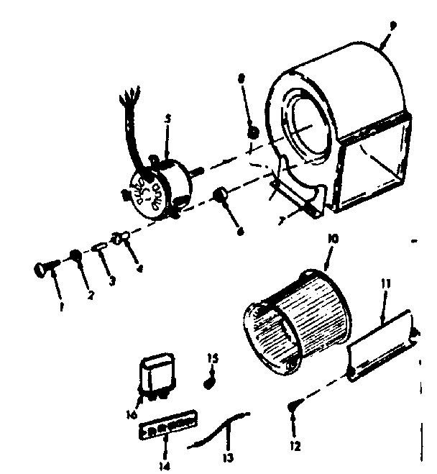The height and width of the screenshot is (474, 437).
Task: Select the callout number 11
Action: [386, 285]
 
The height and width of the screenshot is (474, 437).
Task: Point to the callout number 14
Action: [166, 456]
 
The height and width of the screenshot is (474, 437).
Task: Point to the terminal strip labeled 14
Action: [167, 427]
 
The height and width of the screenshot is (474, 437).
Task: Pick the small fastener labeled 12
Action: [293, 409]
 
